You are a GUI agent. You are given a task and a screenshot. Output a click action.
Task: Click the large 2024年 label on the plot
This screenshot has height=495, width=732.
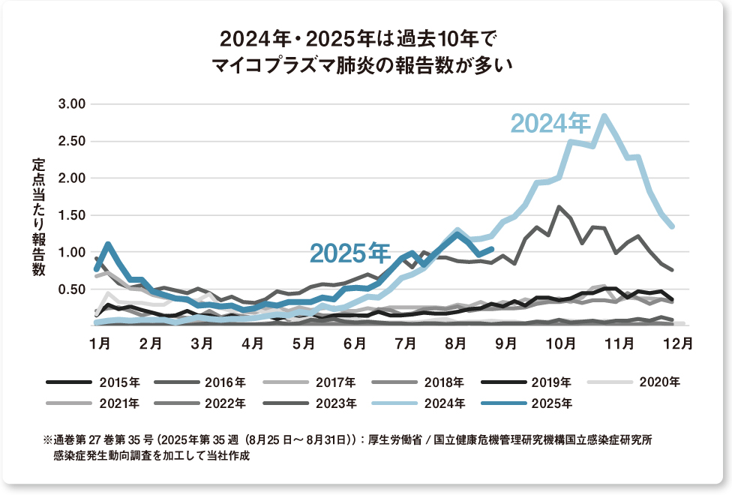[x=550, y=123]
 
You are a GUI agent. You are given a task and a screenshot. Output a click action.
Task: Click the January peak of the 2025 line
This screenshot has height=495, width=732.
[x=108, y=244]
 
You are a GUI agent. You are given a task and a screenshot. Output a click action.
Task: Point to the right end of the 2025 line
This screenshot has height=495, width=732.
[x=492, y=248]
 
